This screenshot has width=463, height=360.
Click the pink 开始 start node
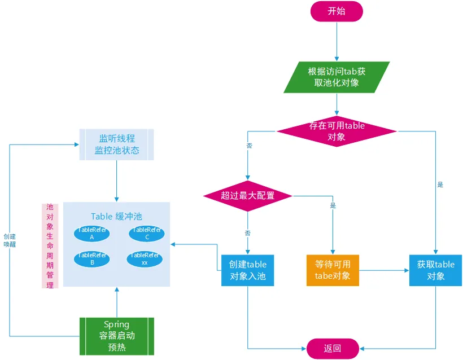[x=337, y=11]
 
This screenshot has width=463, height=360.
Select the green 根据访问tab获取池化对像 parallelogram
[x=337, y=77]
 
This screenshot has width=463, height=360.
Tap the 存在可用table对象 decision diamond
[x=337, y=131]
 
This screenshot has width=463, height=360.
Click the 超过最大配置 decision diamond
[x=247, y=196]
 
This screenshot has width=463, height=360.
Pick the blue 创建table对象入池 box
[x=247, y=270]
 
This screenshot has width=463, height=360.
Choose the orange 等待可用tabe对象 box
[x=333, y=270]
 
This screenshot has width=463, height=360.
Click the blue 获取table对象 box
[x=435, y=270]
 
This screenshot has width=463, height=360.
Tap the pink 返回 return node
[x=333, y=348]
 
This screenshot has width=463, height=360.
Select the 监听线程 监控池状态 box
[x=116, y=144]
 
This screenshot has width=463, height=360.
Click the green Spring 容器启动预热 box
[x=116, y=335]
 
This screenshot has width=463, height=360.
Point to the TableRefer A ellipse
[x=91, y=233]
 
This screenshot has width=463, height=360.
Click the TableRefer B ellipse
[x=91, y=258]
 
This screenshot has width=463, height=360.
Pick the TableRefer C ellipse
[x=146, y=233]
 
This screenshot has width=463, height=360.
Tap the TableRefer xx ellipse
[x=145, y=258]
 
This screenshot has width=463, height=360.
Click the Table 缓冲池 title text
[x=116, y=216]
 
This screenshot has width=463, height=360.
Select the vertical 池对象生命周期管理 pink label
[x=50, y=246]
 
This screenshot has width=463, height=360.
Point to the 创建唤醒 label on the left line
[x=10, y=240]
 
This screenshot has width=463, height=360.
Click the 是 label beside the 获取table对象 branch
[x=440, y=185]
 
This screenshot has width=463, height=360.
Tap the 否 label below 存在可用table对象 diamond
[x=249, y=146]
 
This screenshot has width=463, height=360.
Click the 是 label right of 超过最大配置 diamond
[x=333, y=205]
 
